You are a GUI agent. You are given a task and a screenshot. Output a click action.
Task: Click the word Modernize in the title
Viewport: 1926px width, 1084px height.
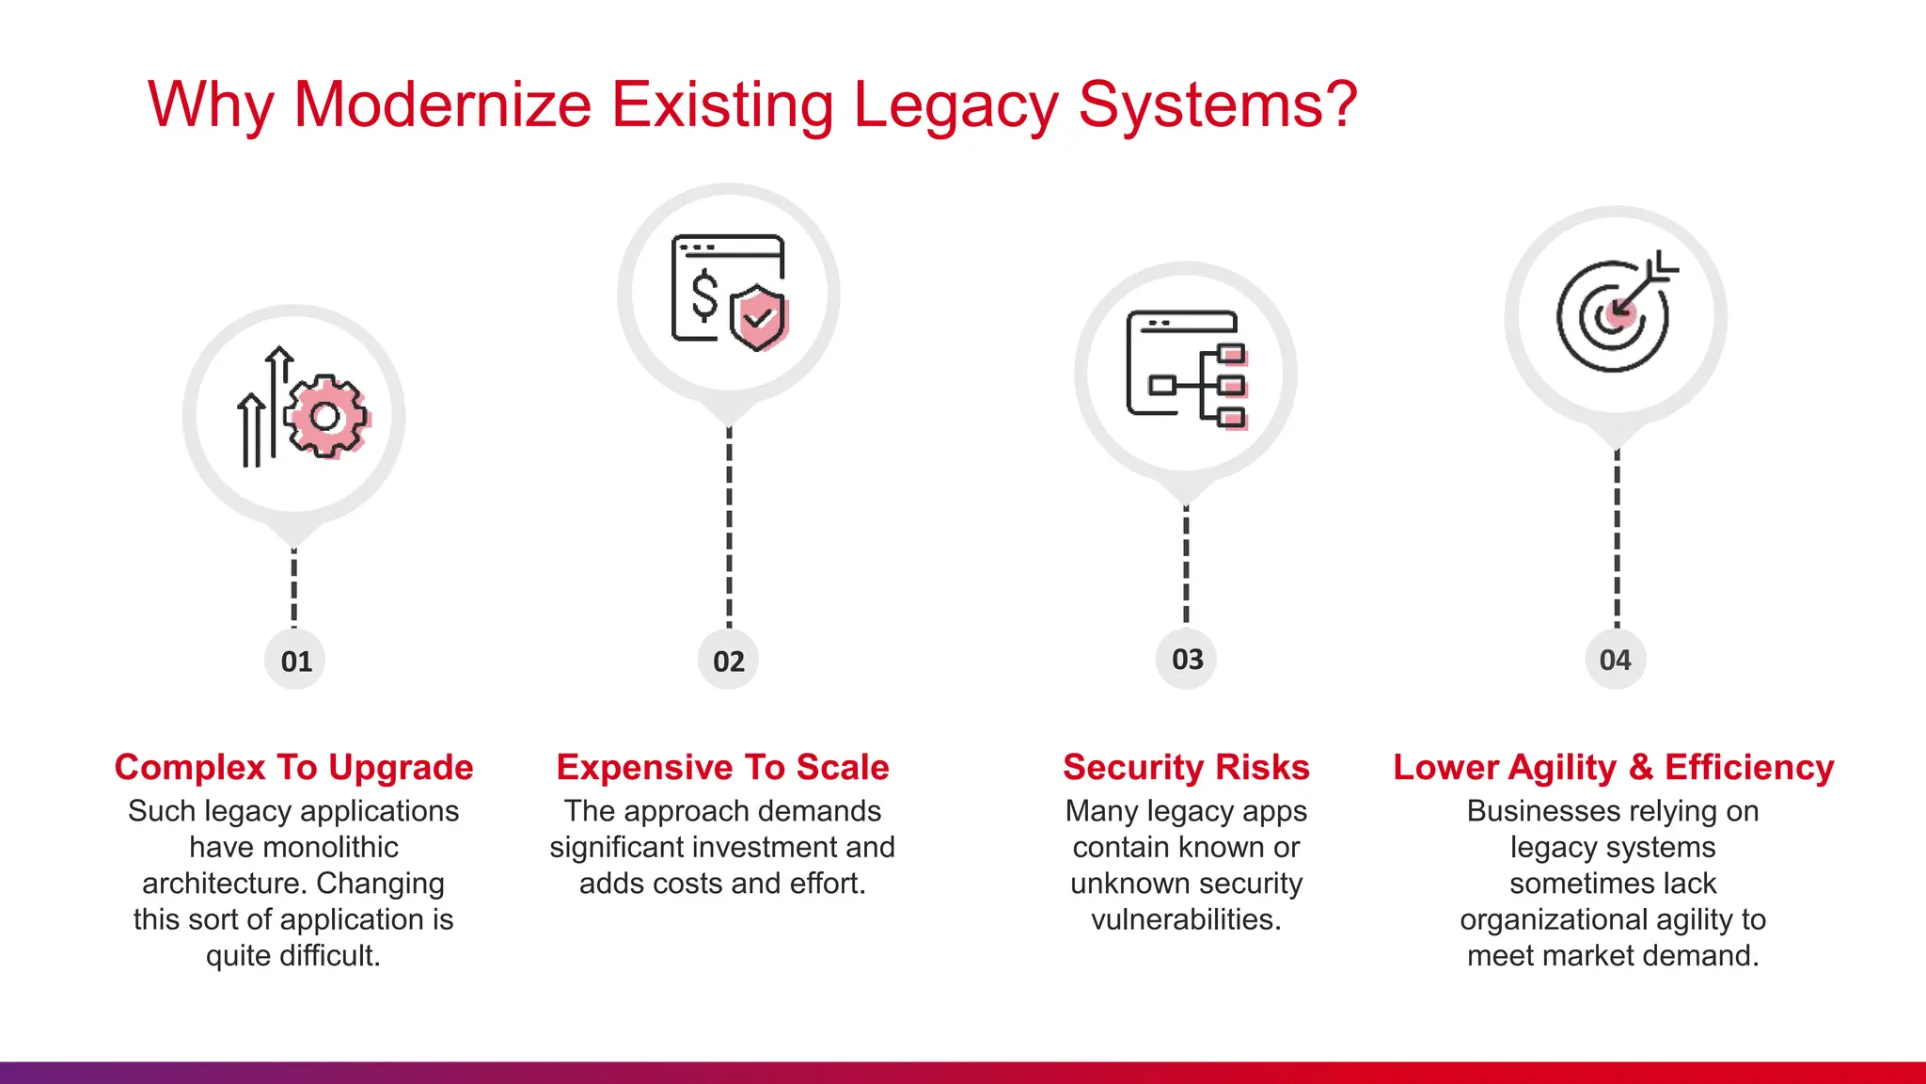442,104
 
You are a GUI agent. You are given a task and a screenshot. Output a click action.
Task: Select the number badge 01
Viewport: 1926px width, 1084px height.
295,661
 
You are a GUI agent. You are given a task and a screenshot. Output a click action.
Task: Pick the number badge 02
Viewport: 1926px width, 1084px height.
729,661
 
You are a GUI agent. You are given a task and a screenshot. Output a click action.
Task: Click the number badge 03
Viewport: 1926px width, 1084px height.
1187,659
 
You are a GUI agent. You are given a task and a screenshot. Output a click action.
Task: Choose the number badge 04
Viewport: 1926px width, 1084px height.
1615,660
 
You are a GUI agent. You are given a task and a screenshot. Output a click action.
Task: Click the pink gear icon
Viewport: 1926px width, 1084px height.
325,416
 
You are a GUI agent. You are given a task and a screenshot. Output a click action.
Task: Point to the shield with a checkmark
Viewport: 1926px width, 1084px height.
758,318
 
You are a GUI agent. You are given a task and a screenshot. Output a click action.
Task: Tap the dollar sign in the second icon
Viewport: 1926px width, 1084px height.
704,295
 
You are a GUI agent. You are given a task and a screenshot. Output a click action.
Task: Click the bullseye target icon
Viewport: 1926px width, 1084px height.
1612,316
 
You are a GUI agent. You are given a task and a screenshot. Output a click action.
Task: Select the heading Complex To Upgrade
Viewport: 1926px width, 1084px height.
293,767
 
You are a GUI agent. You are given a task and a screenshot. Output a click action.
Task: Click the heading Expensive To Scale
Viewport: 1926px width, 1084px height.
722,767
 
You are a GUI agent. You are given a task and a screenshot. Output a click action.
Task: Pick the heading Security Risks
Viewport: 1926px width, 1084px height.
1186,767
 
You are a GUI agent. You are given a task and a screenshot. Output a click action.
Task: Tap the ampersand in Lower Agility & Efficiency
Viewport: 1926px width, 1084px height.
1641,767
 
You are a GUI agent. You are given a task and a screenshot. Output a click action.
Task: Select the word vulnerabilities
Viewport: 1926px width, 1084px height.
1186,919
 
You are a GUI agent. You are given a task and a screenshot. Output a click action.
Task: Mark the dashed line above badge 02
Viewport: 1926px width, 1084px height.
729,527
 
